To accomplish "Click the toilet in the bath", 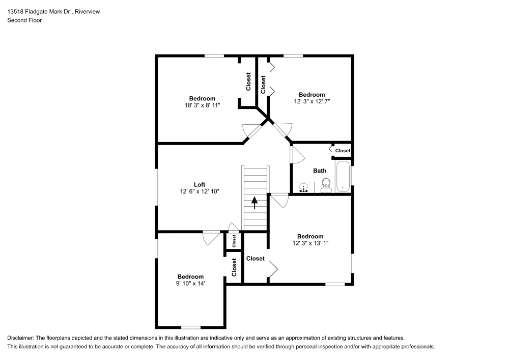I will [327, 184].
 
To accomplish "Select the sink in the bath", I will [304, 188].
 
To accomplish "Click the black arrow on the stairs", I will [254, 203].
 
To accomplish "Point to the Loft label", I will [200, 184].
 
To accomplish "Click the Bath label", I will [320, 171].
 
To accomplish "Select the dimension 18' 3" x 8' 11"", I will [202, 105].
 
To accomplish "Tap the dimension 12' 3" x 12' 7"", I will [312, 102].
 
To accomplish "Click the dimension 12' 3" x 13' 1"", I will [310, 243].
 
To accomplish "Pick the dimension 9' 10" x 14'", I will [190, 284].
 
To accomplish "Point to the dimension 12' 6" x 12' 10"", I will [200, 191].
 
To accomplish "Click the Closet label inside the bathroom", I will [343, 151].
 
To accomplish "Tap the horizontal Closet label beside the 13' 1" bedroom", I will [255, 259].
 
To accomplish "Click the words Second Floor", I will [24, 20].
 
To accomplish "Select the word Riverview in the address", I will [87, 12].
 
